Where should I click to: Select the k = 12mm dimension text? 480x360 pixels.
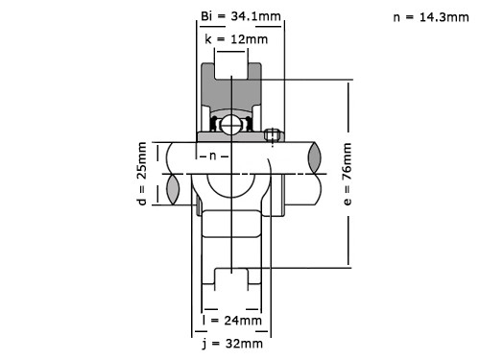click(233, 38)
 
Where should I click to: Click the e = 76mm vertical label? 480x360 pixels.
click(348, 174)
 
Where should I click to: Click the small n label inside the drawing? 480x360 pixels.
click(215, 156)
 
